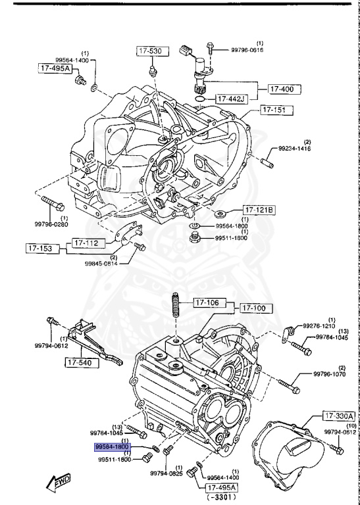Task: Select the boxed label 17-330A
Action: tap(338, 416)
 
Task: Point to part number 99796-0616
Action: tap(250, 49)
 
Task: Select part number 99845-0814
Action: tap(101, 264)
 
